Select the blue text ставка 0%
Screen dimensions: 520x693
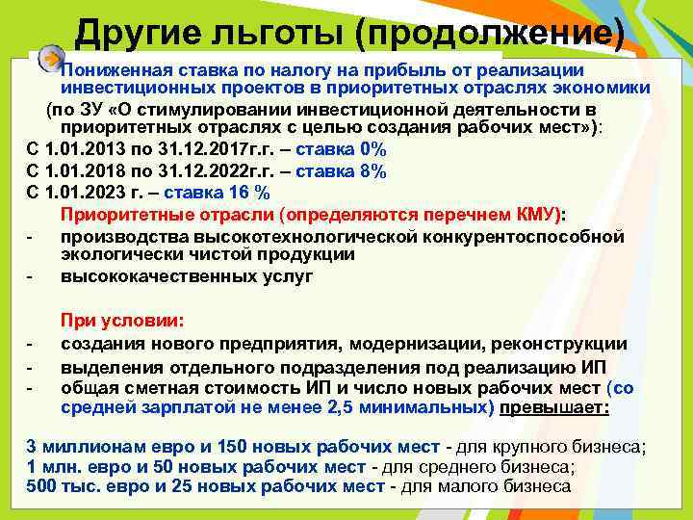pyautogui.click(x=341, y=149)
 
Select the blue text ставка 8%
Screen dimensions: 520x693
pyautogui.click(x=341, y=171)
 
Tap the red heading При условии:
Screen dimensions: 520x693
pyautogui.click(x=122, y=321)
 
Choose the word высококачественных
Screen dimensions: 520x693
pyautogui.click(x=152, y=276)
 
